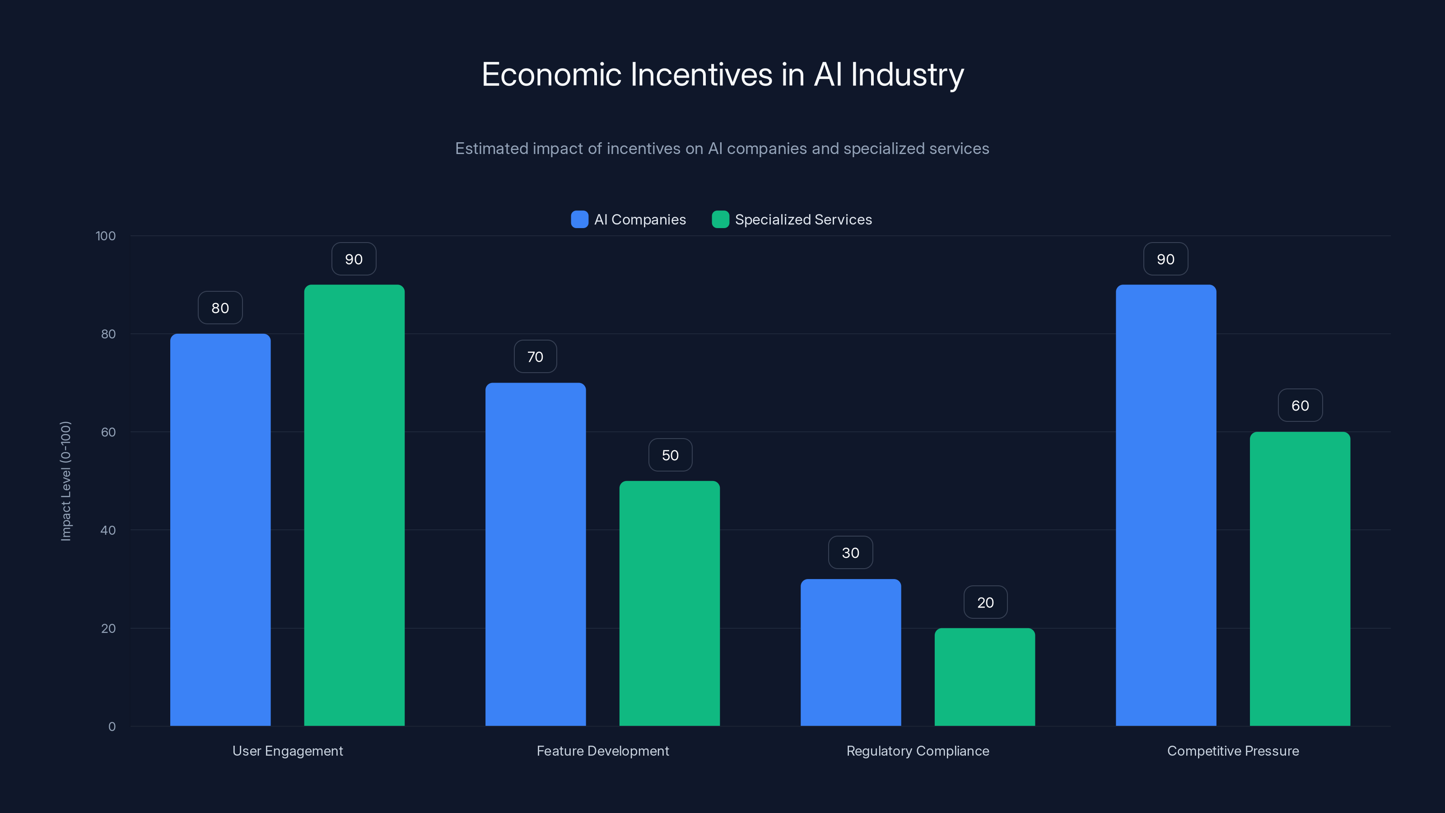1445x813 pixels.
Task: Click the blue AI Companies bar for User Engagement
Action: pos(220,530)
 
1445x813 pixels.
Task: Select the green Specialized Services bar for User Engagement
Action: pos(354,505)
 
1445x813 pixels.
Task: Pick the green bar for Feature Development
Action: pos(669,603)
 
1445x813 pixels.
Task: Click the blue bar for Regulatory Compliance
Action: pos(850,653)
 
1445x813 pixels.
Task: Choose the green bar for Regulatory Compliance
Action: pos(984,677)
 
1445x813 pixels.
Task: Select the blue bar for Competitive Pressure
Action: pos(1165,505)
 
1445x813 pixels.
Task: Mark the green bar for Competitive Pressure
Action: pos(1300,579)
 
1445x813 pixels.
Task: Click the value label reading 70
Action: pos(535,357)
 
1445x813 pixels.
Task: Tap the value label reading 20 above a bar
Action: pos(985,603)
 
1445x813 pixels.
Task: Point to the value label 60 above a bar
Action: pos(1300,406)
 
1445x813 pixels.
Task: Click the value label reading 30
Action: pos(850,553)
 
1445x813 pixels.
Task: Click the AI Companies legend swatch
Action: pos(579,220)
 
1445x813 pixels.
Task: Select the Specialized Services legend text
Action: pos(803,220)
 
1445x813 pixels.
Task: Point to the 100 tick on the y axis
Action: pos(106,236)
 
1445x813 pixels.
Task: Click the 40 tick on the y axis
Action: pos(108,530)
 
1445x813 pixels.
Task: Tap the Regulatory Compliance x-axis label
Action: pos(918,751)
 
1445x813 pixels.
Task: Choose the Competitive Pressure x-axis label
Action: pos(1232,751)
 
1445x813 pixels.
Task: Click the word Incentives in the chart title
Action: pos(701,75)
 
